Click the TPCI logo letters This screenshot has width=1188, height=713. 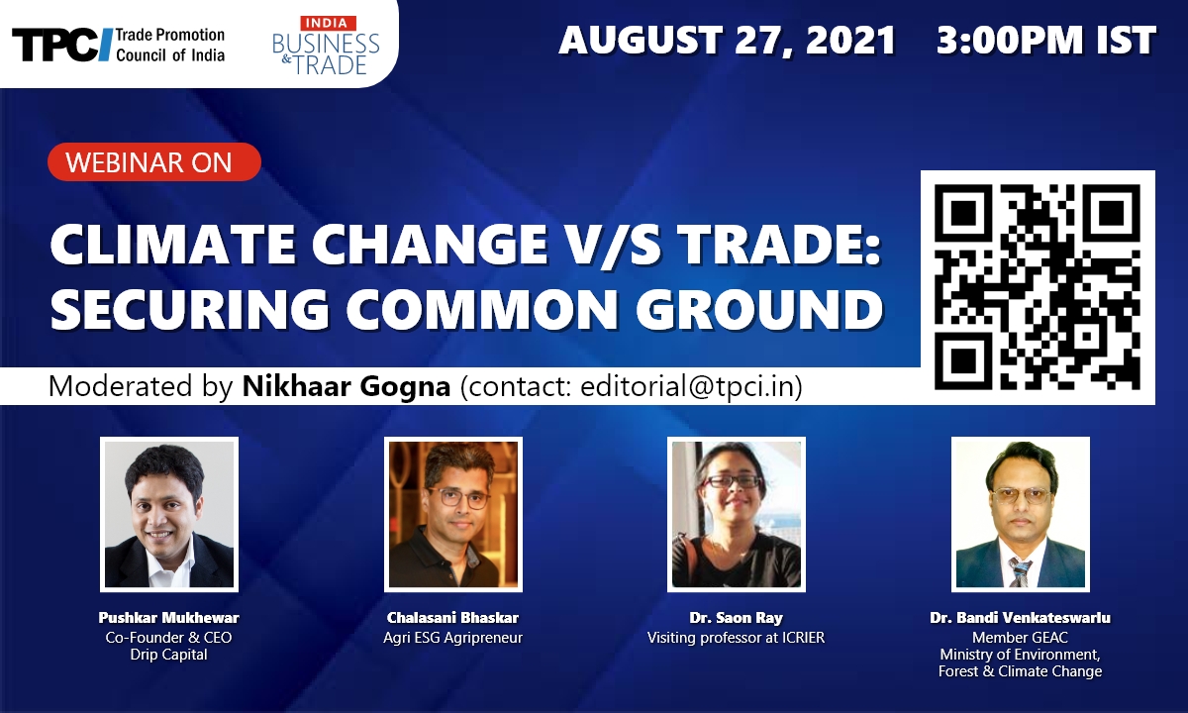[x=62, y=45]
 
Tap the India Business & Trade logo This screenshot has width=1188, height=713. [x=326, y=46]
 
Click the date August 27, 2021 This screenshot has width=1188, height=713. [x=727, y=41]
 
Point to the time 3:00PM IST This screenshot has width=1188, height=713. [x=1045, y=41]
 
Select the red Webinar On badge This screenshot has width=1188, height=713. [x=154, y=161]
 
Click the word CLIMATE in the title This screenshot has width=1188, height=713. [x=172, y=245]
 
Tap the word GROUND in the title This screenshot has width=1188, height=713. [x=759, y=309]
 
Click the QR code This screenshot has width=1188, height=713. [x=1038, y=287]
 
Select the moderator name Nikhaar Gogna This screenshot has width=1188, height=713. [x=346, y=386]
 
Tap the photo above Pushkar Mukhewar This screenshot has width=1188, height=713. [x=169, y=514]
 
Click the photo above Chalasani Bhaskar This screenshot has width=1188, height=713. [x=453, y=514]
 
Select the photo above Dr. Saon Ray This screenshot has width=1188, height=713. [x=737, y=514]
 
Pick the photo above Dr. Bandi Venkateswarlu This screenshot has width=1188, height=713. [x=1021, y=514]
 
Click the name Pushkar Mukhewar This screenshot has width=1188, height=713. [x=168, y=618]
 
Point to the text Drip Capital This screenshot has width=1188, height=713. [x=168, y=655]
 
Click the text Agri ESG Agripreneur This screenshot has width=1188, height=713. [x=453, y=638]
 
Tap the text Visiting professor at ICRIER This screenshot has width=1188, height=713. [x=737, y=637]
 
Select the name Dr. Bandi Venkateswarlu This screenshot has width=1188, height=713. [x=1020, y=618]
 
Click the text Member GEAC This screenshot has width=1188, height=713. [x=1020, y=637]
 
